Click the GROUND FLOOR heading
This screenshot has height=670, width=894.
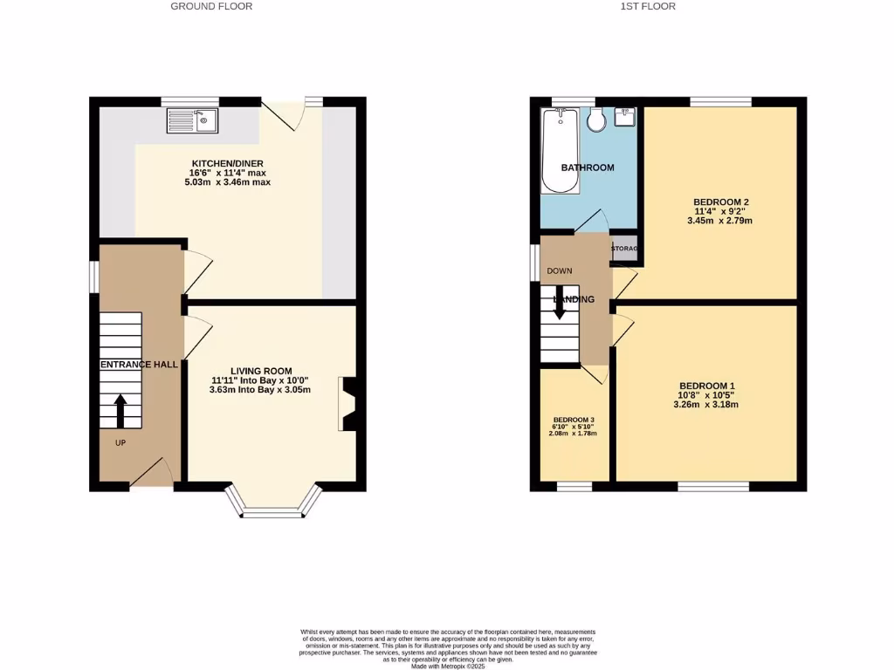211,6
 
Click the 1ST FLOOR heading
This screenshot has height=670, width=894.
648,6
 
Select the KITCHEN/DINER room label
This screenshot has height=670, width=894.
228,163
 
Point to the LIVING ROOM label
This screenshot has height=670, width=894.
261,371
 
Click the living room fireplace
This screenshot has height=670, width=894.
347,404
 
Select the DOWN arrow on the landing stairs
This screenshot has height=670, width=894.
560,301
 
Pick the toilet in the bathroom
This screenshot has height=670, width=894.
598,120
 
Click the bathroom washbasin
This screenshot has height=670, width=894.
625,117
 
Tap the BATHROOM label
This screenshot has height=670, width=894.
588,167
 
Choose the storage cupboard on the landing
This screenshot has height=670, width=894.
624,249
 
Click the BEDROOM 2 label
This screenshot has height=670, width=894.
721,202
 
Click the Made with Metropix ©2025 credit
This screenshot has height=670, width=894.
447,665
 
